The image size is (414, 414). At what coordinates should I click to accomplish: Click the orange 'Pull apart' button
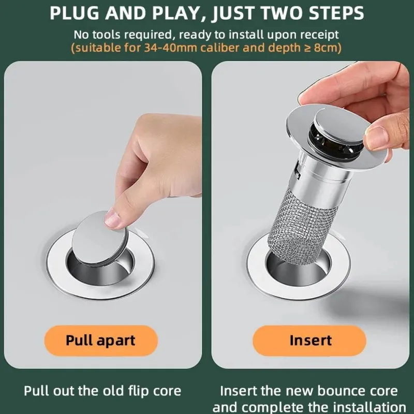click(x=101, y=341)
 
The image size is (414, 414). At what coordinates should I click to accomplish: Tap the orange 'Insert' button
click(x=309, y=341)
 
